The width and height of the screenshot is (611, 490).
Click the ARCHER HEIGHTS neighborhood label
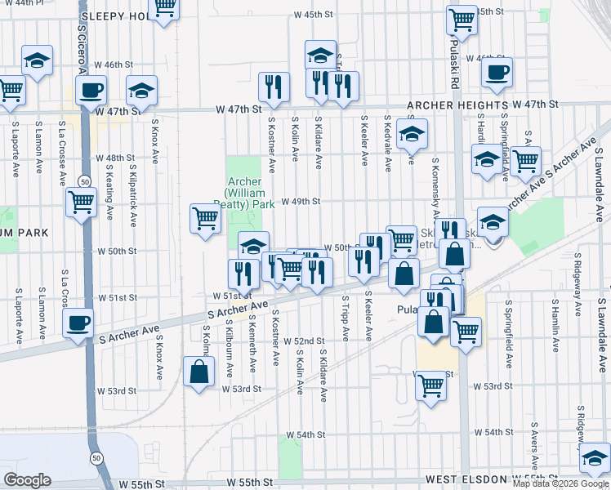point(457,105)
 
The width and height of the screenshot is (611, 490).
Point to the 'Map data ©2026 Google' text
point(561,483)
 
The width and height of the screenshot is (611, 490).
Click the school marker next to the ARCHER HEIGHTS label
point(413,132)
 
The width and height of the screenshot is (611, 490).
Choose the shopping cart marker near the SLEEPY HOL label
point(165,7)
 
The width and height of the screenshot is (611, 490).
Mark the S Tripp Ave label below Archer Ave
point(346,319)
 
